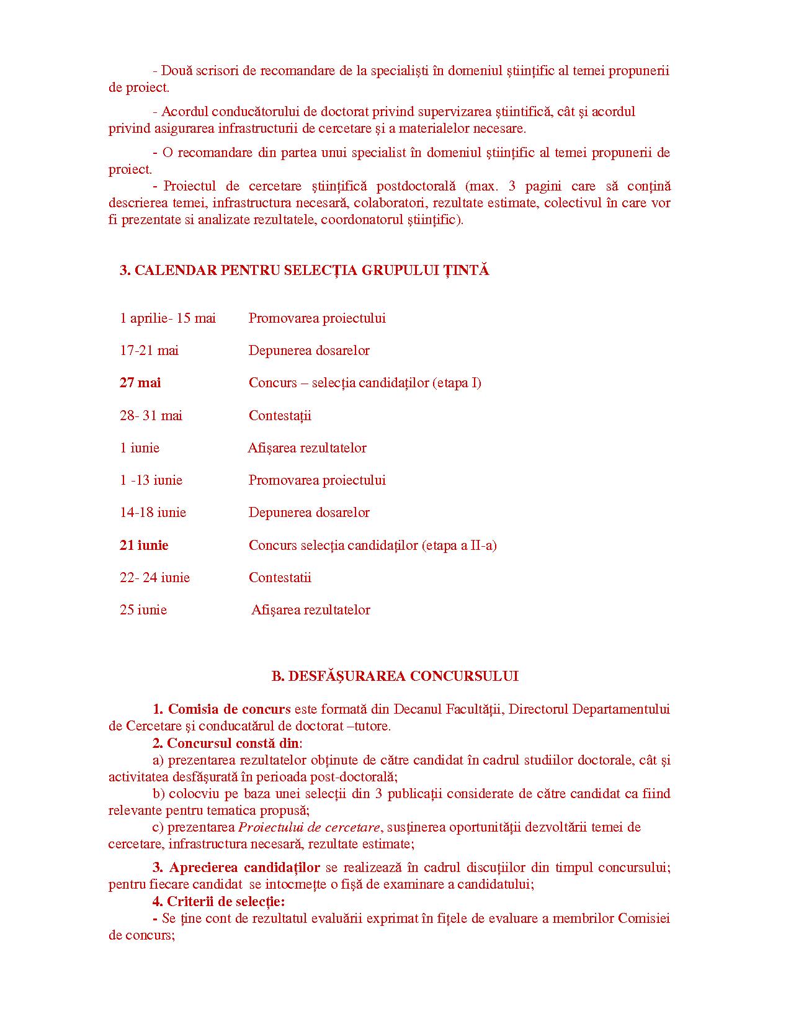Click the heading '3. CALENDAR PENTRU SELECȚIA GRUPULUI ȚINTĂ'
[x=304, y=271]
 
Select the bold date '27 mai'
[x=140, y=383]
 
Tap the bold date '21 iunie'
[x=144, y=546]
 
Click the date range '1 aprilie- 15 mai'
[x=168, y=318]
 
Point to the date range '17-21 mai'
[x=149, y=351]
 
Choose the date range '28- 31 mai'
[x=151, y=416]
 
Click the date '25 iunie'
[x=143, y=610]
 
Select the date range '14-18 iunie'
[x=153, y=513]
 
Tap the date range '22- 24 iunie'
[x=154, y=578]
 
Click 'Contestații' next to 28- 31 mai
[x=280, y=416]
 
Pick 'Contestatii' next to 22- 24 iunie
[x=280, y=578]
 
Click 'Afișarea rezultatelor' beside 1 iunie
[x=307, y=448]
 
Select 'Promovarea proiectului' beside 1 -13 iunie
[x=317, y=480]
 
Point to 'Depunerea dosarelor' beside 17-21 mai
[x=309, y=351]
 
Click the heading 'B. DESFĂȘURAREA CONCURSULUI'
[x=395, y=676]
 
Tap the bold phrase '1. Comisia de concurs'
[x=222, y=709]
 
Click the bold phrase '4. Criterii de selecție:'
[x=219, y=902]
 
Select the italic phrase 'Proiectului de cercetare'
[x=309, y=827]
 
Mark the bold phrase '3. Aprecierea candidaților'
[x=236, y=868]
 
